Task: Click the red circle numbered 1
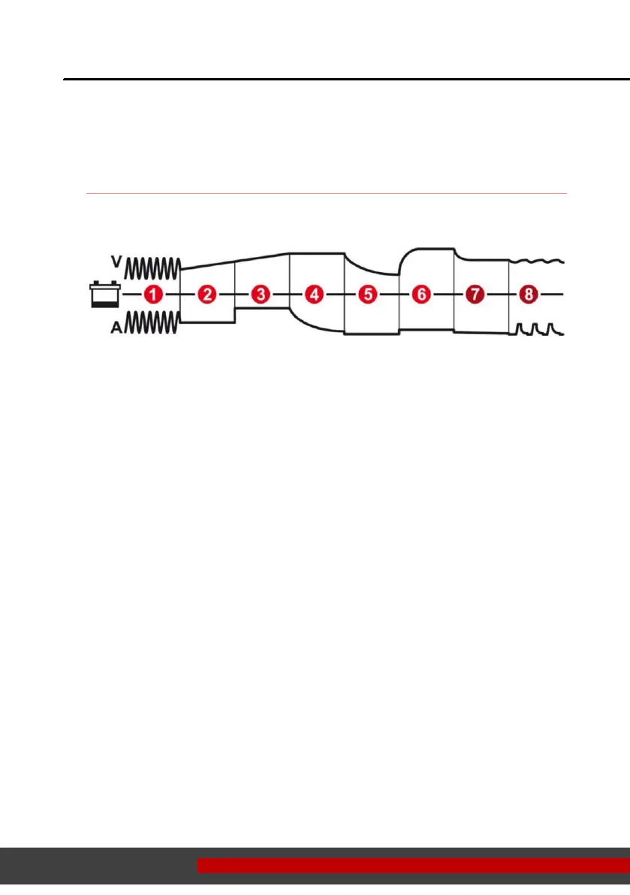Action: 153,295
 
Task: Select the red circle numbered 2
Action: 207,295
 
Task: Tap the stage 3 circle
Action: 261,295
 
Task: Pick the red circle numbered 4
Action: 315,295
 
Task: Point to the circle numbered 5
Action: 368,295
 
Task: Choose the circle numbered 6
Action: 422,295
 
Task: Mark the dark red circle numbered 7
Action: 475,295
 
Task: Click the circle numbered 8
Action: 529,295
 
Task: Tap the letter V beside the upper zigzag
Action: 116,262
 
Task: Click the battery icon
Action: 103,295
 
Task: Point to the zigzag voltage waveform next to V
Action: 153,267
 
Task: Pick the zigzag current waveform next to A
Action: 153,323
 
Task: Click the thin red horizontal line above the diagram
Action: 326,194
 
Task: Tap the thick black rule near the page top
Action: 345,79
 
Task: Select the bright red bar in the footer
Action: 413,866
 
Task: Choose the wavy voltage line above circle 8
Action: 537,262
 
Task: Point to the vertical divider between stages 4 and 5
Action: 345,295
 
